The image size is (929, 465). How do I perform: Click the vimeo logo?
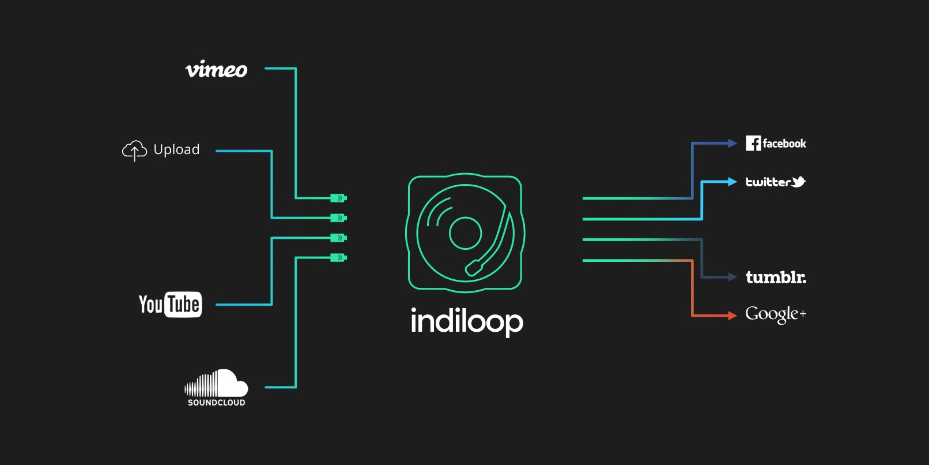click(216, 69)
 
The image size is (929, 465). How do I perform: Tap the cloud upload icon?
click(134, 150)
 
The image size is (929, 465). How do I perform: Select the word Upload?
click(176, 149)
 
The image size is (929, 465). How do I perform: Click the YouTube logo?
click(170, 304)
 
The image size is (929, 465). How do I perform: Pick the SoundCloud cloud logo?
click(217, 383)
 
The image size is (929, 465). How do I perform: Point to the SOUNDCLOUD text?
click(216, 403)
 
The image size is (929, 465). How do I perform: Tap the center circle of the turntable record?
click(465, 233)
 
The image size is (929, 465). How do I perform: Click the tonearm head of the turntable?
click(474, 268)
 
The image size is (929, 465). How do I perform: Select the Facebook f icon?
click(753, 143)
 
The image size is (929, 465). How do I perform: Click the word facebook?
click(784, 144)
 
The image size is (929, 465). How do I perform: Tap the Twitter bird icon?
click(798, 182)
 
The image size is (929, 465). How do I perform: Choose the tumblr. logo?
click(776, 277)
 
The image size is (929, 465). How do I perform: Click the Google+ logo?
click(775, 314)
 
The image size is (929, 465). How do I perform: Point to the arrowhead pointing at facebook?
click(732, 143)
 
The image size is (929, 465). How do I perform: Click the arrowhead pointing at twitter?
click(732, 182)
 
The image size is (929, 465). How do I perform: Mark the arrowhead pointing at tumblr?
click(732, 277)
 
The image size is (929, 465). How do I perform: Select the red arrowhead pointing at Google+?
click(732, 315)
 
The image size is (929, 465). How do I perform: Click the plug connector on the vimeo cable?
click(338, 198)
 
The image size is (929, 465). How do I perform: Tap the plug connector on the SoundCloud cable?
click(338, 257)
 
